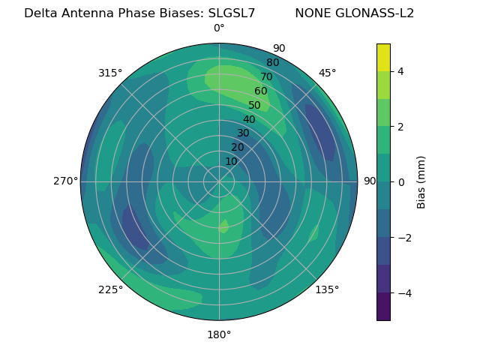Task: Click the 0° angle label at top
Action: [219, 28]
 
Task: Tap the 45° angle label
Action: [327, 73]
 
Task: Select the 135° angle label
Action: [327, 289]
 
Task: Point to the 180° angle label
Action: [219, 334]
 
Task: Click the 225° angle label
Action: [110, 289]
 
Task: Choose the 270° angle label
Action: [65, 181]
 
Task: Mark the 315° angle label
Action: [110, 73]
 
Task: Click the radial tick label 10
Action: [231, 161]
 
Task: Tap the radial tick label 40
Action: [249, 119]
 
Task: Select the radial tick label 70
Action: [266, 76]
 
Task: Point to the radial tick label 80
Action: [272, 62]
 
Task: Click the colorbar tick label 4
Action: [400, 71]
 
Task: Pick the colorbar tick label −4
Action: [403, 292]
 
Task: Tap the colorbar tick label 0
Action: [400, 182]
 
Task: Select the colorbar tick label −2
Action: [403, 238]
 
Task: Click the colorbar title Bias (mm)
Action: [421, 182]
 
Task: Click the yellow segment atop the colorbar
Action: [383, 57]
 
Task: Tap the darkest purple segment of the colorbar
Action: [383, 307]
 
